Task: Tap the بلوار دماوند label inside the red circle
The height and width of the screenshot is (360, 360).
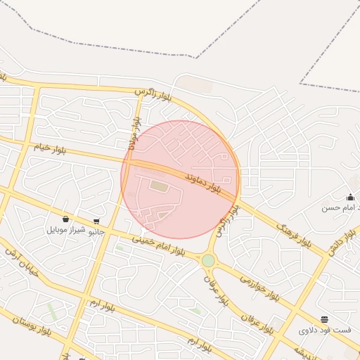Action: coord(208,184)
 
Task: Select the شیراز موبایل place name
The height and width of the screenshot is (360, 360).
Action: coord(66,230)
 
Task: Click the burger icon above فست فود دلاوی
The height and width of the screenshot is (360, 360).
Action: coord(324,319)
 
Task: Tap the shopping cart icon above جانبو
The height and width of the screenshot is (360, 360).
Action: coord(96,221)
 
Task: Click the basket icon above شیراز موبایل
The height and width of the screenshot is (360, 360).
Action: coord(65,219)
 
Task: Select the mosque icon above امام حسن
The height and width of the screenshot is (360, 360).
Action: coord(350,197)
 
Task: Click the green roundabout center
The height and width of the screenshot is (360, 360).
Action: coord(208,261)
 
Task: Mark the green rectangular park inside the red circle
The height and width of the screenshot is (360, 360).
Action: coord(160,187)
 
